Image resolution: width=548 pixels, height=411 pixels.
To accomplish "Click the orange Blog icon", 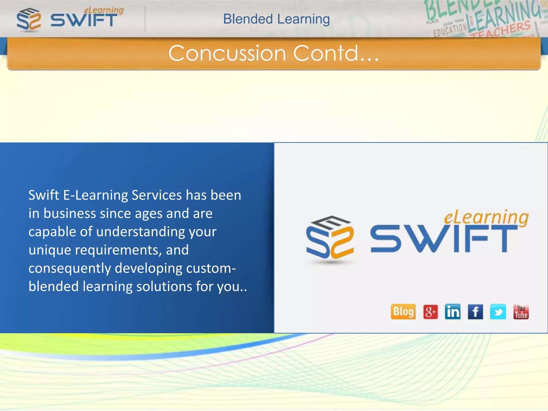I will (403, 311).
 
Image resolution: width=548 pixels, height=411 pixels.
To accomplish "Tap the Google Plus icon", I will (430, 312).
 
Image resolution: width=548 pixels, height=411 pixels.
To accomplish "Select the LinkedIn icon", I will (452, 312).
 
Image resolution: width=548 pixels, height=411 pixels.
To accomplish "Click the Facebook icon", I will (475, 312).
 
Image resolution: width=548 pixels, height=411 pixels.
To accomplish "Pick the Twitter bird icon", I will (498, 312).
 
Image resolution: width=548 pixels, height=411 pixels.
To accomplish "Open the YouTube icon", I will (521, 312).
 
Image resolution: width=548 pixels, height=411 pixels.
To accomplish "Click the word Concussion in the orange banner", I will (227, 53).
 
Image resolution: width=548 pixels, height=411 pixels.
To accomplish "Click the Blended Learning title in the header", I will (276, 19).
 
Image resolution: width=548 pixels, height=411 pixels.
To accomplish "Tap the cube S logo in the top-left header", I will (29, 19).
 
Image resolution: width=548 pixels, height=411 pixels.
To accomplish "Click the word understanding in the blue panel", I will (140, 232).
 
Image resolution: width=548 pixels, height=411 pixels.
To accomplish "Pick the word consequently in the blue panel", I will (70, 268).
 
